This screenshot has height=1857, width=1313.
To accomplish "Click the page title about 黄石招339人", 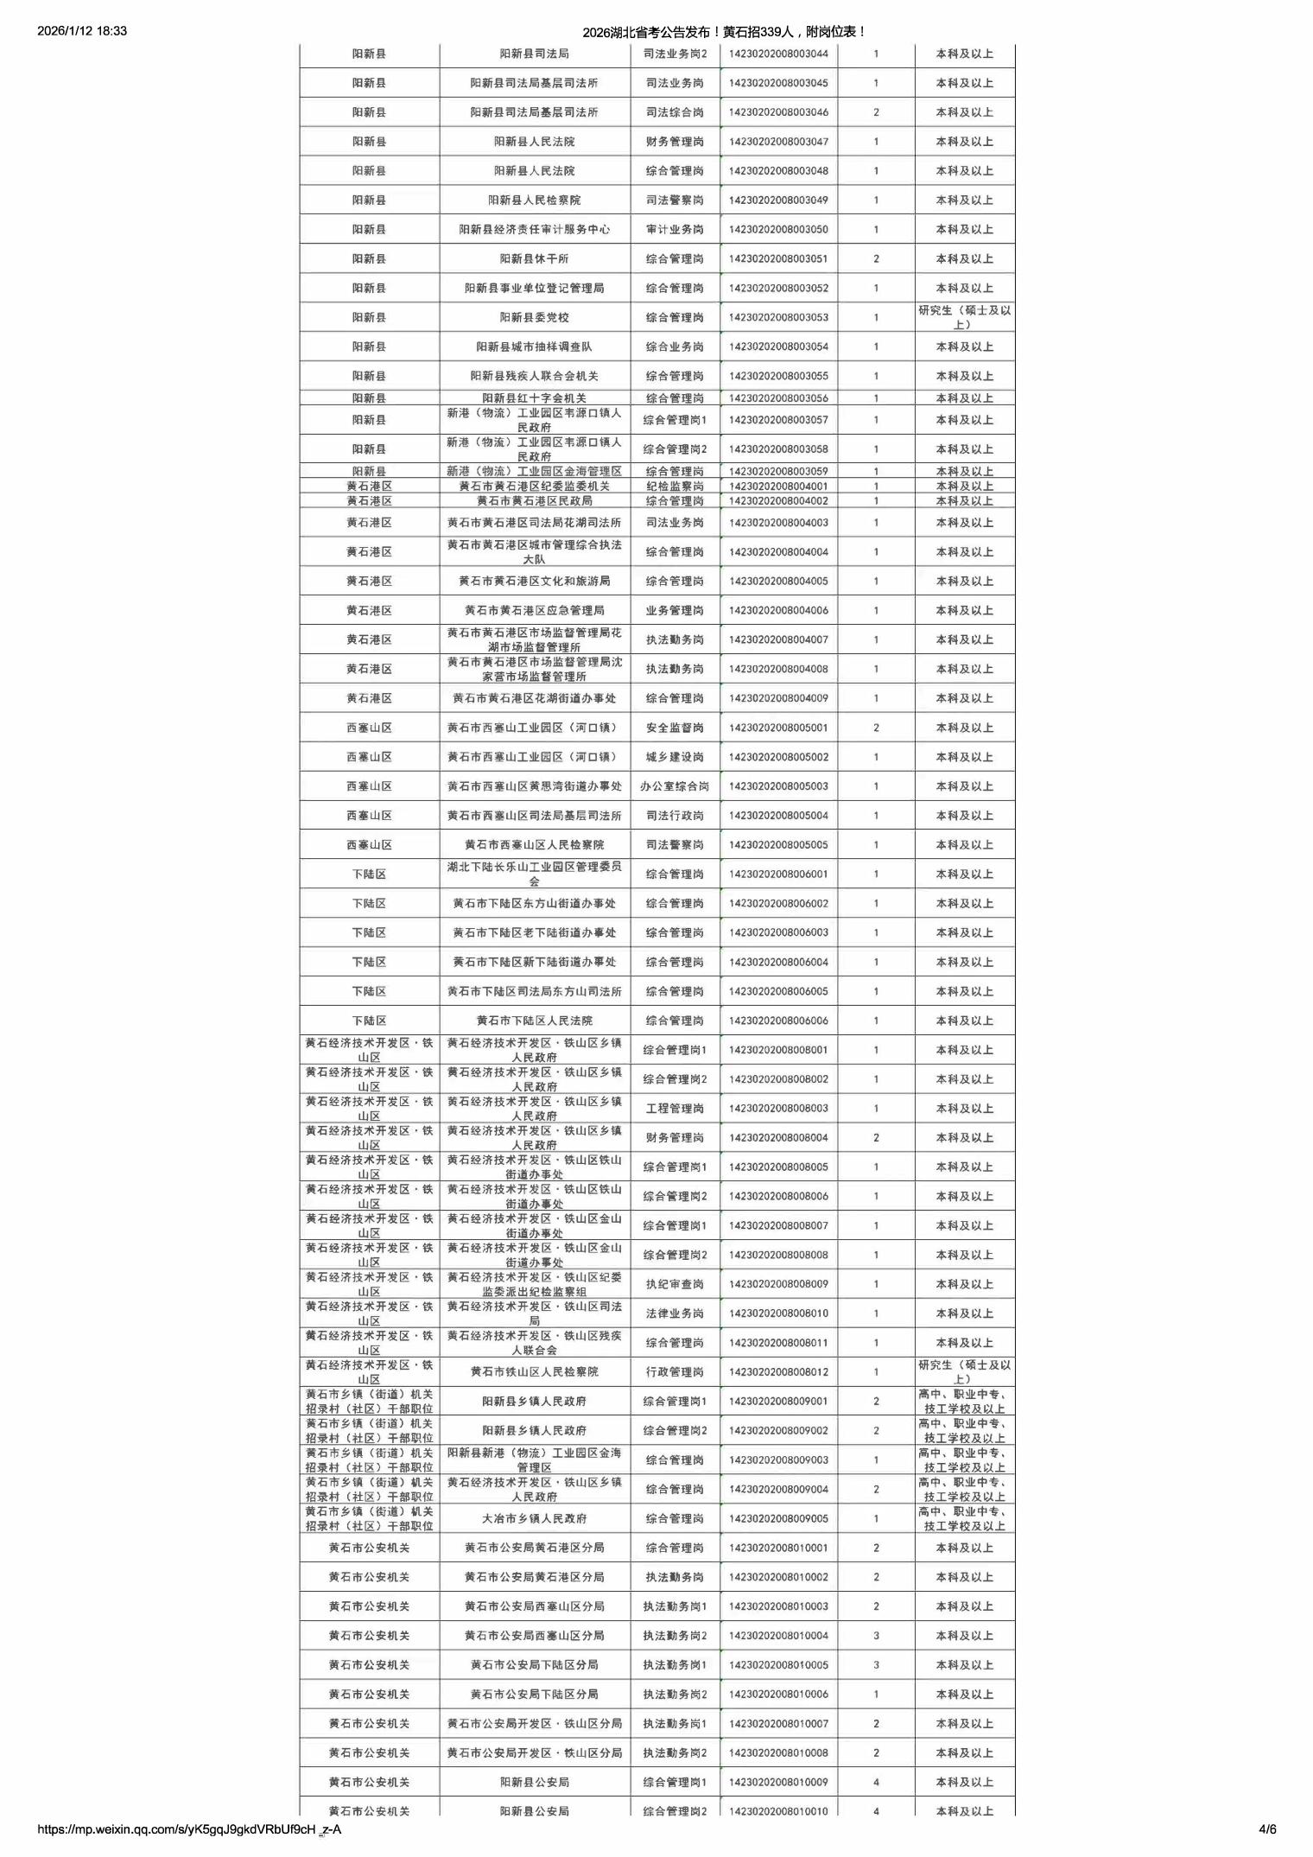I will point(724,32).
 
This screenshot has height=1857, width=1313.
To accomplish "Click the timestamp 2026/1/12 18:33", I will point(83,31).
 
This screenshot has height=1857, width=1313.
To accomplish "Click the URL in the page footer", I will point(189,1828).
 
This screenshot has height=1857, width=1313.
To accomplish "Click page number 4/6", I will point(1267,1828).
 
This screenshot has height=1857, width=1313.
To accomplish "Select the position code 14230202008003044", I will point(777,54).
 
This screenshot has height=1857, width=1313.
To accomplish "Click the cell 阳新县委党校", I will point(534,317).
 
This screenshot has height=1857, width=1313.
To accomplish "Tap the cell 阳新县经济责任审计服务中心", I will point(534,230).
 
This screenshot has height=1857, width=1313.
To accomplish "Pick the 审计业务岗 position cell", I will point(675,230).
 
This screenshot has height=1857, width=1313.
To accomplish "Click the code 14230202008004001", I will point(777,487).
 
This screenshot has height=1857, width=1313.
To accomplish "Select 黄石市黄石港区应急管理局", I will point(534,610).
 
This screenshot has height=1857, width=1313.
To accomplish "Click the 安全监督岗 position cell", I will point(675,728).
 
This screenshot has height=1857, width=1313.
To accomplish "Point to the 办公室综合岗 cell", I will point(675,786).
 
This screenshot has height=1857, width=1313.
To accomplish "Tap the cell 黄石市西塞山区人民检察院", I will point(534,845).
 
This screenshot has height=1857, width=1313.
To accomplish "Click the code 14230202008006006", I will point(777,1021).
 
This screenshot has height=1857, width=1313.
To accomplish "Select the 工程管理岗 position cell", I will point(675,1109).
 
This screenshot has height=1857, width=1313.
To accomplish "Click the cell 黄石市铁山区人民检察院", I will point(534,1372).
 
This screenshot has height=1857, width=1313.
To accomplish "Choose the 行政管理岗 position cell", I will point(675,1372).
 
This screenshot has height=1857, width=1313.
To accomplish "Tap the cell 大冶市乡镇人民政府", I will point(534,1518).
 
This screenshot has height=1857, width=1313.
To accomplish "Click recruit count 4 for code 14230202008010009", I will point(876,1782).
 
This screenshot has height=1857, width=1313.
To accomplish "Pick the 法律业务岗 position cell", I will point(675,1313).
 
